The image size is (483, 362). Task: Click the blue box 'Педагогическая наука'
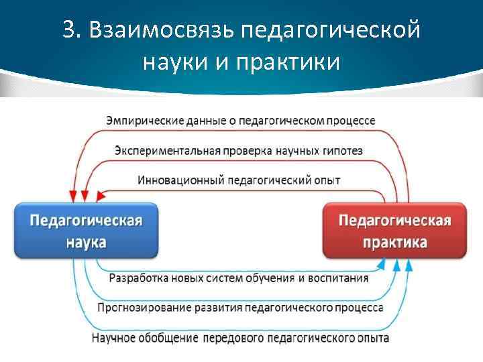pyautogui.click(x=86, y=231)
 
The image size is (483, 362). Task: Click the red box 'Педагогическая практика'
pyautogui.click(x=394, y=231)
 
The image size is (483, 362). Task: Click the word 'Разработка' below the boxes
pyautogui.click(x=138, y=278)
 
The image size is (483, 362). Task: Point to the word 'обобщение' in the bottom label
pyautogui.click(x=166, y=338)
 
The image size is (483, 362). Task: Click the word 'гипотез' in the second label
pyautogui.click(x=342, y=151)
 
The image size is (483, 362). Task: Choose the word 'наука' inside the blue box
pyautogui.click(x=85, y=242)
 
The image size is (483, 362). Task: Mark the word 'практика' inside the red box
pyautogui.click(x=394, y=242)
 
